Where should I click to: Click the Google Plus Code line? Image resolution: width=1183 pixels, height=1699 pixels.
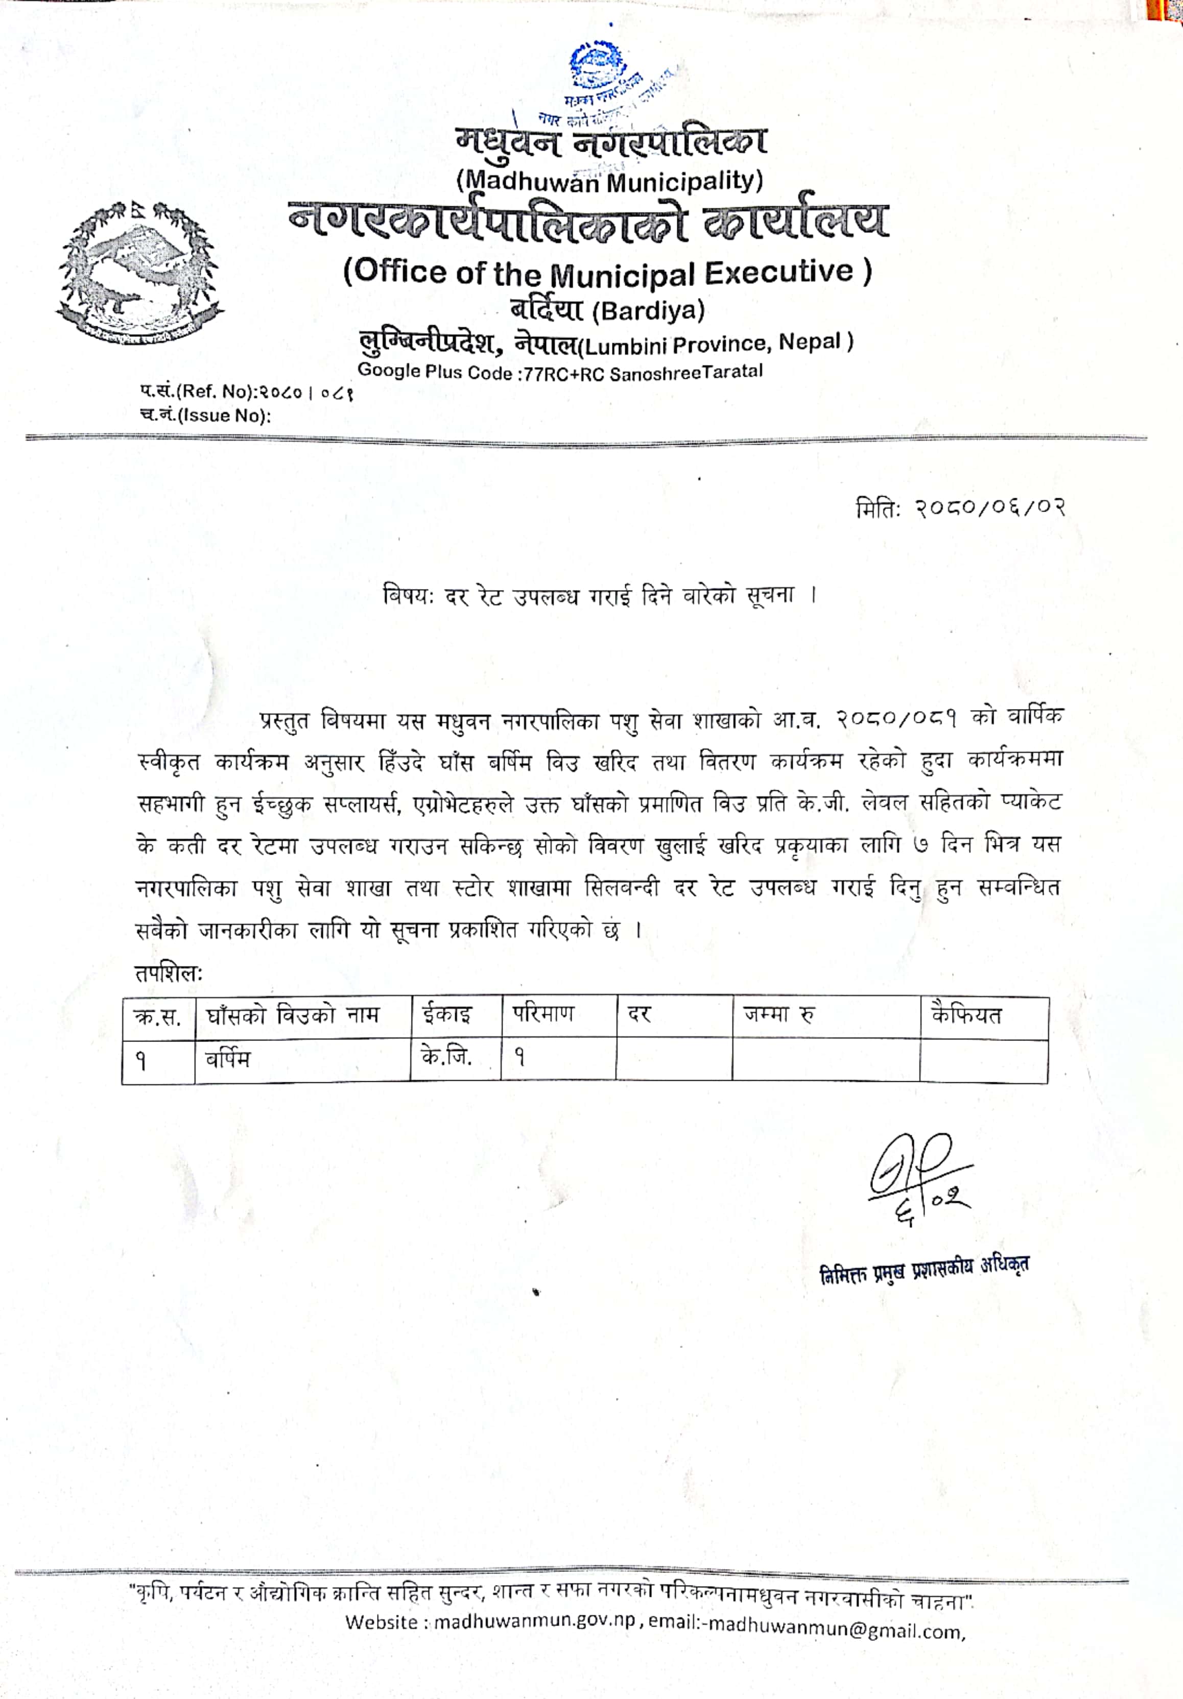pyautogui.click(x=560, y=372)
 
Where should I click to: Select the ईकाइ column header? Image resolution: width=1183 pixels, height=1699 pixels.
pyautogui.click(x=447, y=1014)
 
